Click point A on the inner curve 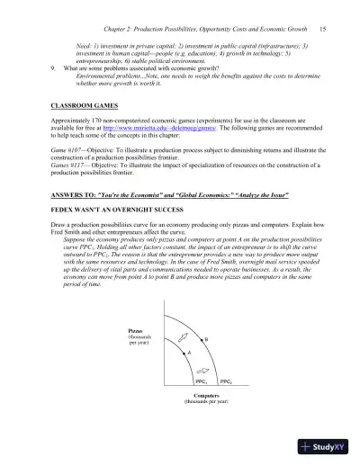click(x=190, y=354)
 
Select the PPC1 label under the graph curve click(x=202, y=381)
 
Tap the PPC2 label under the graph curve click(x=226, y=381)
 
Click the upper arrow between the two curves click(x=184, y=336)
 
